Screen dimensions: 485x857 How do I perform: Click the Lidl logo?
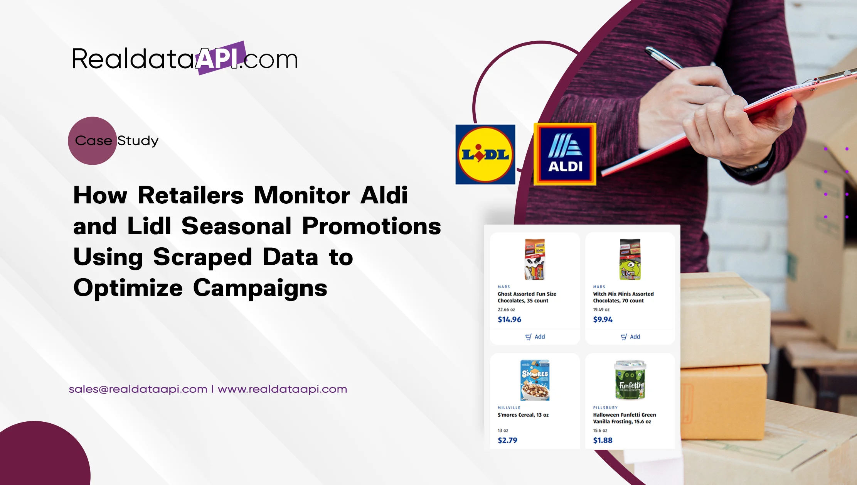[485, 154]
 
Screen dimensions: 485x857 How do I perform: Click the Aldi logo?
[565, 154]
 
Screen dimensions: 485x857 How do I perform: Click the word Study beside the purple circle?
[138, 141]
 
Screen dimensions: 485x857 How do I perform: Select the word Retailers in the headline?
[190, 195]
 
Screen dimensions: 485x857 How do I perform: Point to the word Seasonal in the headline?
[236, 226]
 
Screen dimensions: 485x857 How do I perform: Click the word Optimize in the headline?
[128, 288]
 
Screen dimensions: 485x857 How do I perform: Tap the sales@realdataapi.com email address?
[138, 389]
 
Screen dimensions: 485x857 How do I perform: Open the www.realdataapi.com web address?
[283, 389]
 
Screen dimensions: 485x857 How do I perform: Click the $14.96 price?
[509, 319]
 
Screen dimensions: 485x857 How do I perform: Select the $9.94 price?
[603, 319]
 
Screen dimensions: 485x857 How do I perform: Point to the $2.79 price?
[507, 440]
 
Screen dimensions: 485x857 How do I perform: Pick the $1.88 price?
[603, 440]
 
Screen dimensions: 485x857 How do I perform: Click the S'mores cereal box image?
[535, 380]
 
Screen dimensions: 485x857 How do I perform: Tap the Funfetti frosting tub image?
[630, 380]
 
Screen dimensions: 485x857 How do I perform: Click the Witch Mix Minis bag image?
[630, 259]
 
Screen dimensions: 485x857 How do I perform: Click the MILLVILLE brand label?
[509, 407]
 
